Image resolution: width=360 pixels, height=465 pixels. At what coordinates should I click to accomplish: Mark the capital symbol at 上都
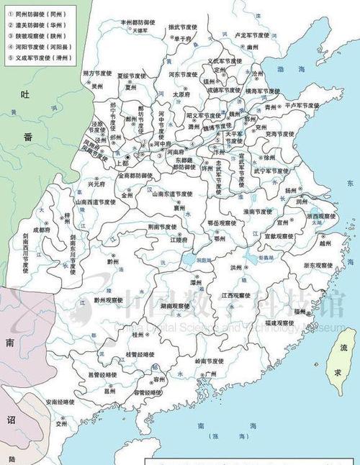pos(127,157)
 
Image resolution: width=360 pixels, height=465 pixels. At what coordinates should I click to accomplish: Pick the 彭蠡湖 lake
pos(251,258)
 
